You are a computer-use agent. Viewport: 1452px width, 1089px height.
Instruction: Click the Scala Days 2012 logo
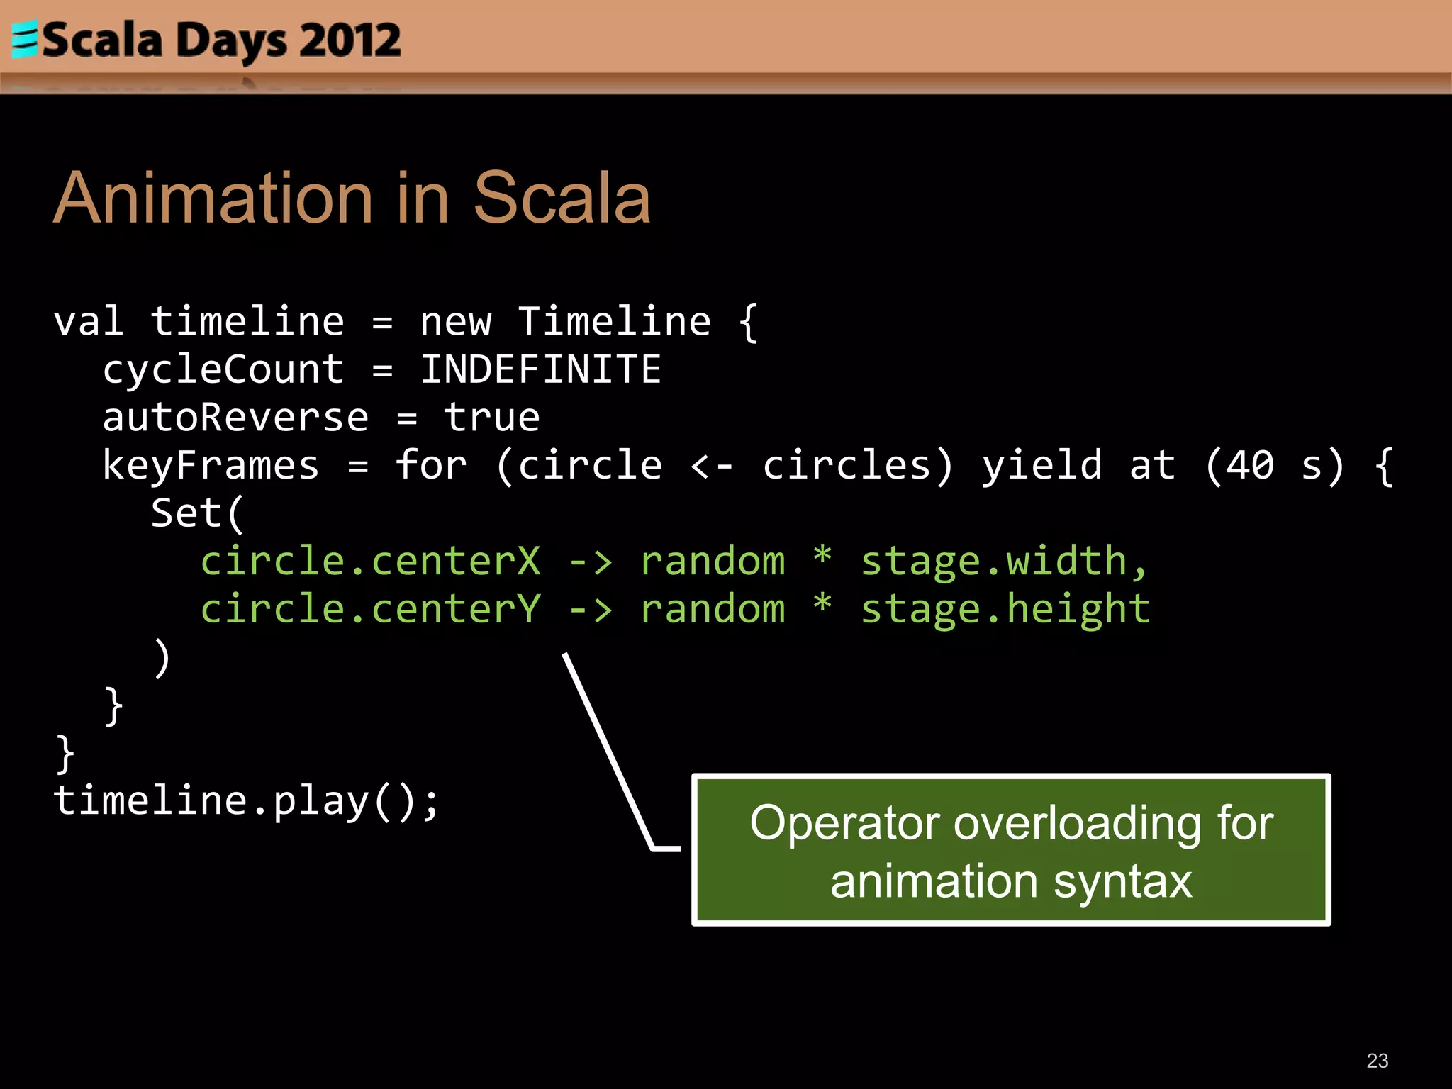(206, 40)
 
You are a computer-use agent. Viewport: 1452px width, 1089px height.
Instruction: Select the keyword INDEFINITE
(540, 370)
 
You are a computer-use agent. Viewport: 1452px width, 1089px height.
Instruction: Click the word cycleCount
(223, 370)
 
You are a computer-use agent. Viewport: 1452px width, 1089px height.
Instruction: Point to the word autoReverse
(235, 418)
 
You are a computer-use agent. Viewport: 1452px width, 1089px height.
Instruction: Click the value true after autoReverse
(492, 418)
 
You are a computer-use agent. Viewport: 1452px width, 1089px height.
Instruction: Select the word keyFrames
(211, 466)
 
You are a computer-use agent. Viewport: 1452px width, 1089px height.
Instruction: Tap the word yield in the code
(1041, 466)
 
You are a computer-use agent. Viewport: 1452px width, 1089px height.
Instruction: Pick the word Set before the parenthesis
(186, 513)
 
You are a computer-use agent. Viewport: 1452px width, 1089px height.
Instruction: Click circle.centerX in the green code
(370, 562)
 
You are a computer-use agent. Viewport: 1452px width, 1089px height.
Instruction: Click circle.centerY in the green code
(370, 610)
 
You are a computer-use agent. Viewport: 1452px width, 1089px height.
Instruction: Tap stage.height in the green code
(1005, 610)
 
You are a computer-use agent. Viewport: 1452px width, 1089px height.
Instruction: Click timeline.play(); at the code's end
(246, 801)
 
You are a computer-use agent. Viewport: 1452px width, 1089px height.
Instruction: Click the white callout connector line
(608, 752)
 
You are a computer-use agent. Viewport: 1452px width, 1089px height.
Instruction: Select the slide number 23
(1377, 1061)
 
